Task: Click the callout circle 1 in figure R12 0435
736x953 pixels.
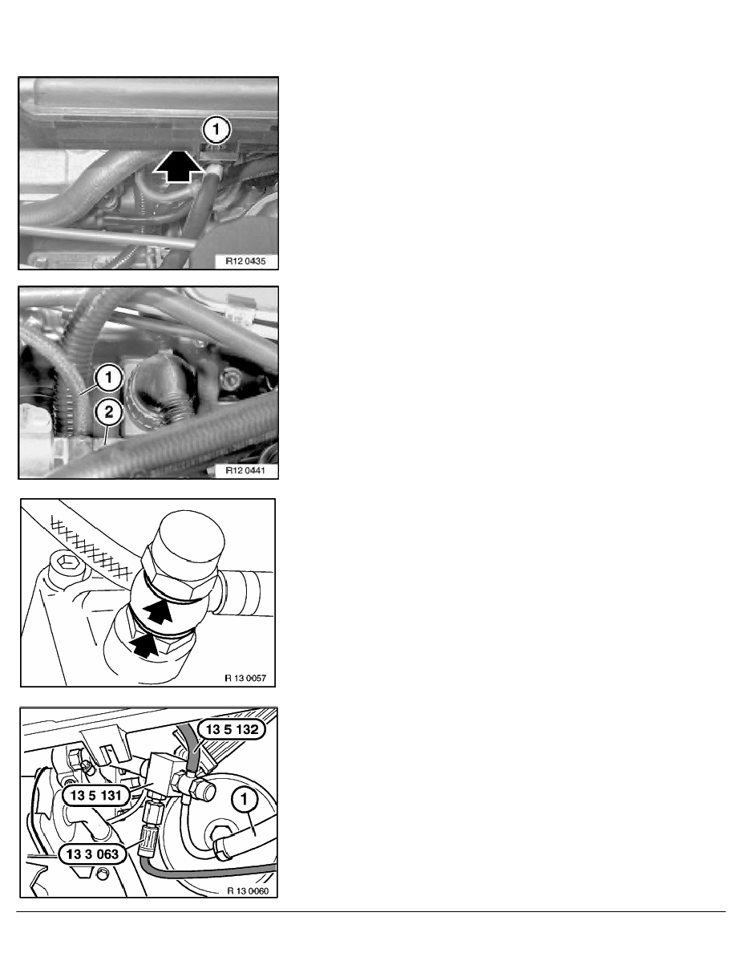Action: tap(216, 130)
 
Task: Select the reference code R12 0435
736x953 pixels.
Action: tap(245, 262)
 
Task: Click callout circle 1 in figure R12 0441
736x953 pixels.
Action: tap(109, 378)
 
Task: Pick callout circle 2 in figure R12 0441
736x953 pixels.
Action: tap(109, 412)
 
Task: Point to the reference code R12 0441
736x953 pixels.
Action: tap(245, 470)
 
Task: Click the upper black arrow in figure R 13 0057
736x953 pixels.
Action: tap(159, 610)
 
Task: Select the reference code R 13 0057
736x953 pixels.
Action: tap(245, 678)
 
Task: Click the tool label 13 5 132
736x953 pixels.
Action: tap(232, 729)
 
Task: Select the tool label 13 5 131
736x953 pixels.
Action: tap(96, 795)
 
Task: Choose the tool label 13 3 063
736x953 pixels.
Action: tap(92, 854)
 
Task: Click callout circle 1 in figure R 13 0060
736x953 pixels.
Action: tap(245, 800)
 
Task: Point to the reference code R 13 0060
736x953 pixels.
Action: tap(248, 891)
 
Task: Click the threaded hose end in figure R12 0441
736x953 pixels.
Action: tap(176, 410)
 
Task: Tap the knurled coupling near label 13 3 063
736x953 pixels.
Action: tap(148, 841)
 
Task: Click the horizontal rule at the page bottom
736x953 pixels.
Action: tap(370, 911)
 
